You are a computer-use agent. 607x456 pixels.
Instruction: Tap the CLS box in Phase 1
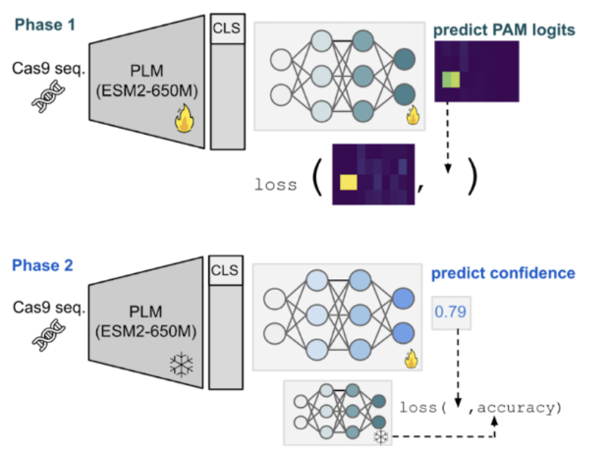(x=226, y=27)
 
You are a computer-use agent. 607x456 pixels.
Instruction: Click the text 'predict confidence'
(x=502, y=273)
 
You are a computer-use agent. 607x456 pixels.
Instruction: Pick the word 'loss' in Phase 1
(x=275, y=184)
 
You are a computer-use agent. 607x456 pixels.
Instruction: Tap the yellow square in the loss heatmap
(x=349, y=182)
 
